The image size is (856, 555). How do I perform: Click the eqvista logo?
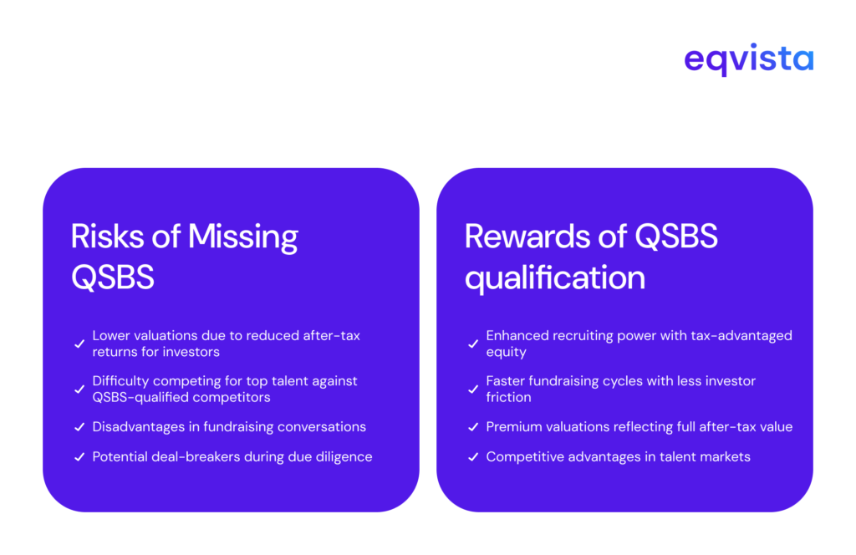click(x=748, y=60)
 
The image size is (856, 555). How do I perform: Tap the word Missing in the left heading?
click(x=242, y=237)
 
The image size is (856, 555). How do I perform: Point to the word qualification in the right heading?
click(x=555, y=277)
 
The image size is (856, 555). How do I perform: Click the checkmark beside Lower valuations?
click(x=79, y=344)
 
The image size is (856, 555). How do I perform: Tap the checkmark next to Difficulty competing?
click(x=79, y=390)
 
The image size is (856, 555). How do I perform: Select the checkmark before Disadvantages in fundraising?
click(x=79, y=427)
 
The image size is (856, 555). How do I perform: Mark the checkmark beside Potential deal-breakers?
click(x=79, y=457)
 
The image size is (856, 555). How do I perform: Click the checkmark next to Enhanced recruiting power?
click(x=473, y=344)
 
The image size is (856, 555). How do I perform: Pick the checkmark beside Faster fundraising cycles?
click(x=473, y=390)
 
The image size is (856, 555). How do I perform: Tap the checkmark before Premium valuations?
click(x=473, y=427)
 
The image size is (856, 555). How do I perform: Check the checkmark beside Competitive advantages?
click(x=473, y=457)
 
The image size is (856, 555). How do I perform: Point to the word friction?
click(x=509, y=397)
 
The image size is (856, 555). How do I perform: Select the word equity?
click(x=506, y=352)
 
